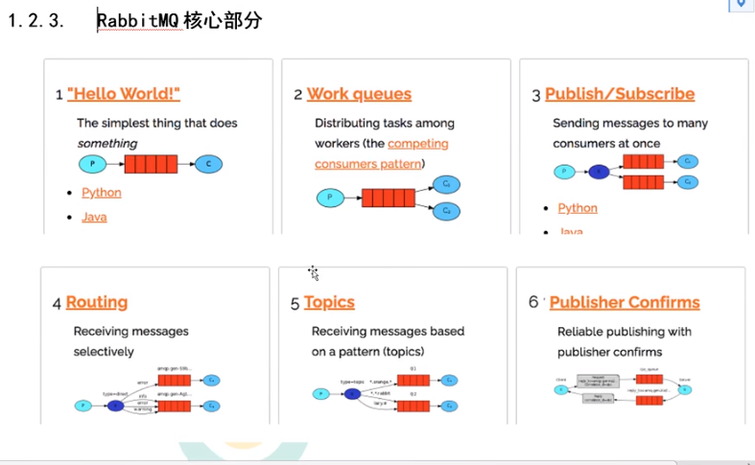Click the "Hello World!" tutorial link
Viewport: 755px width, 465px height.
(x=124, y=94)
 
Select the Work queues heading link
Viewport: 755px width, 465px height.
(x=359, y=94)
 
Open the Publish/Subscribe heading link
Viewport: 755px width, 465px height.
(x=620, y=94)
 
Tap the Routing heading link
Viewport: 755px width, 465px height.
(x=97, y=302)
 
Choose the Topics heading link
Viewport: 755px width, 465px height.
(x=329, y=302)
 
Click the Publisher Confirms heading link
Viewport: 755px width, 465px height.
(x=625, y=302)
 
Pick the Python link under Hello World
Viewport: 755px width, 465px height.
(x=102, y=193)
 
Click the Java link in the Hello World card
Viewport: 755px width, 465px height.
(x=94, y=217)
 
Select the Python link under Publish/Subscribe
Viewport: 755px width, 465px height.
(x=578, y=208)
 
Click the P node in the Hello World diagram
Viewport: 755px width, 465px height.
(x=93, y=164)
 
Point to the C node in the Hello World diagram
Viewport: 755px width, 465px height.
(x=208, y=164)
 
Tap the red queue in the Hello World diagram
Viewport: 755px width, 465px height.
(x=151, y=164)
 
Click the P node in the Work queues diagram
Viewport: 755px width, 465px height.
(x=330, y=198)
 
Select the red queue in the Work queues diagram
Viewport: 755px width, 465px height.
(x=388, y=198)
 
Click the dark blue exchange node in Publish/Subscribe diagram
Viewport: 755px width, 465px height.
(x=599, y=173)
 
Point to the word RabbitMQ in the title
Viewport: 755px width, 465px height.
(x=140, y=21)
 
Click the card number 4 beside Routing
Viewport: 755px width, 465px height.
(x=58, y=303)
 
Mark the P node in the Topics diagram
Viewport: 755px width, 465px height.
(x=319, y=393)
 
